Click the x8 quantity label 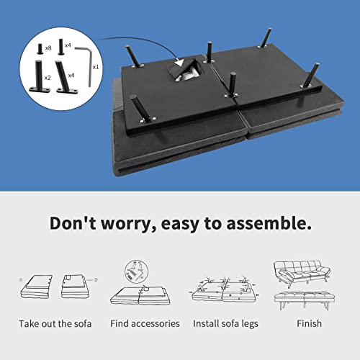[48, 48]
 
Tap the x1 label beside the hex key [96, 67]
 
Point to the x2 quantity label [48, 78]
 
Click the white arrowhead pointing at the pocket [179, 63]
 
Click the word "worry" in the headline [129, 223]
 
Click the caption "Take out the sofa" [55, 324]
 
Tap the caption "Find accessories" [145, 323]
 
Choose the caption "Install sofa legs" [225, 324]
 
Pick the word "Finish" [309, 323]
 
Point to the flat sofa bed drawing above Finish [305, 300]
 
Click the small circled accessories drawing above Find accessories [137, 271]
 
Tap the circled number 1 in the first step [21, 280]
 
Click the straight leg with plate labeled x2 [40, 77]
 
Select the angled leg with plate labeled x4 [66, 77]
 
